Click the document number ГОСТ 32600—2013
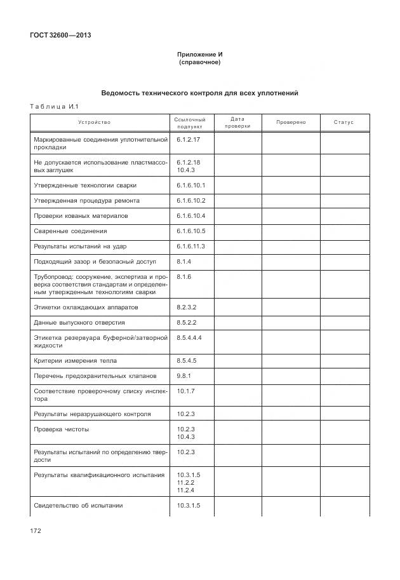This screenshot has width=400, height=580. (x=60, y=36)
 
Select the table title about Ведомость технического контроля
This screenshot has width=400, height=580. (x=199, y=93)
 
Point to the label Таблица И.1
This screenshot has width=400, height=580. (x=53, y=107)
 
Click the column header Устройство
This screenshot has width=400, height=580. (x=94, y=122)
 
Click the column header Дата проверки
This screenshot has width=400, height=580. (x=237, y=122)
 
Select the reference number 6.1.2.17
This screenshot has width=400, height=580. (x=189, y=138)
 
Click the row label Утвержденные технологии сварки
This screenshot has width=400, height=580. (x=84, y=185)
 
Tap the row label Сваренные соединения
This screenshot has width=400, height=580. (x=70, y=231)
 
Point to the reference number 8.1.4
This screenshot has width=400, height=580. (x=183, y=262)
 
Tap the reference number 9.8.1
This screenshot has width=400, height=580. (x=183, y=376)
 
